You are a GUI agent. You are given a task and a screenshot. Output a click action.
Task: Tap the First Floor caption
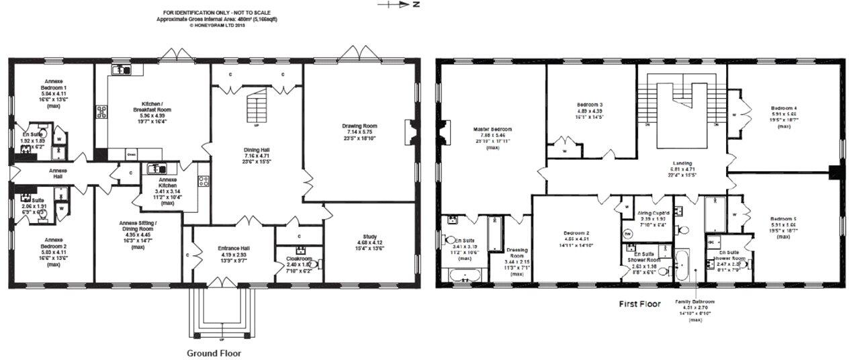tap(639, 304)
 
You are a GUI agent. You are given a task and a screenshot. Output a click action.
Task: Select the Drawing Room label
tap(359, 126)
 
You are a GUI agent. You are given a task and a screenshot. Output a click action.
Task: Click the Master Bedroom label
tap(492, 130)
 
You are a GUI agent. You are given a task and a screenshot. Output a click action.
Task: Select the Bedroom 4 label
tap(784, 109)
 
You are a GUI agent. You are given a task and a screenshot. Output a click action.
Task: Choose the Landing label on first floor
tap(682, 163)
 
